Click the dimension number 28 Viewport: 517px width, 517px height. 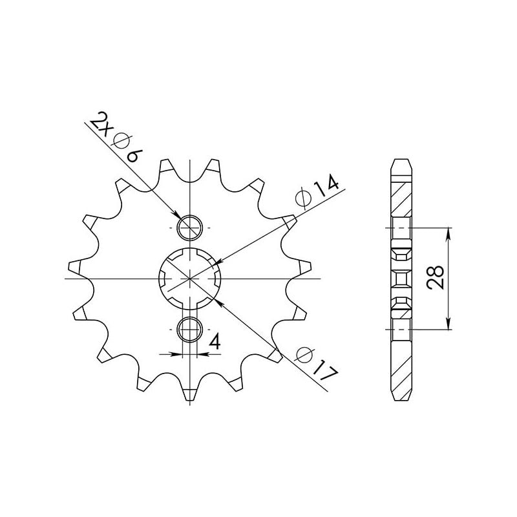[437, 278]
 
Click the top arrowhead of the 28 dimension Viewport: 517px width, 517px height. [448, 232]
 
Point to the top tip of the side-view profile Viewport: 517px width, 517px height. [401, 160]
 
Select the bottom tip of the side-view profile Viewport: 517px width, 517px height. [401, 396]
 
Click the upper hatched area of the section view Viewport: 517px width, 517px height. [401, 197]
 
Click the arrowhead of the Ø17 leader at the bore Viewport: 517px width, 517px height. [216, 299]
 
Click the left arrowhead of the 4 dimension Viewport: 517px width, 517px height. [180, 354]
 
